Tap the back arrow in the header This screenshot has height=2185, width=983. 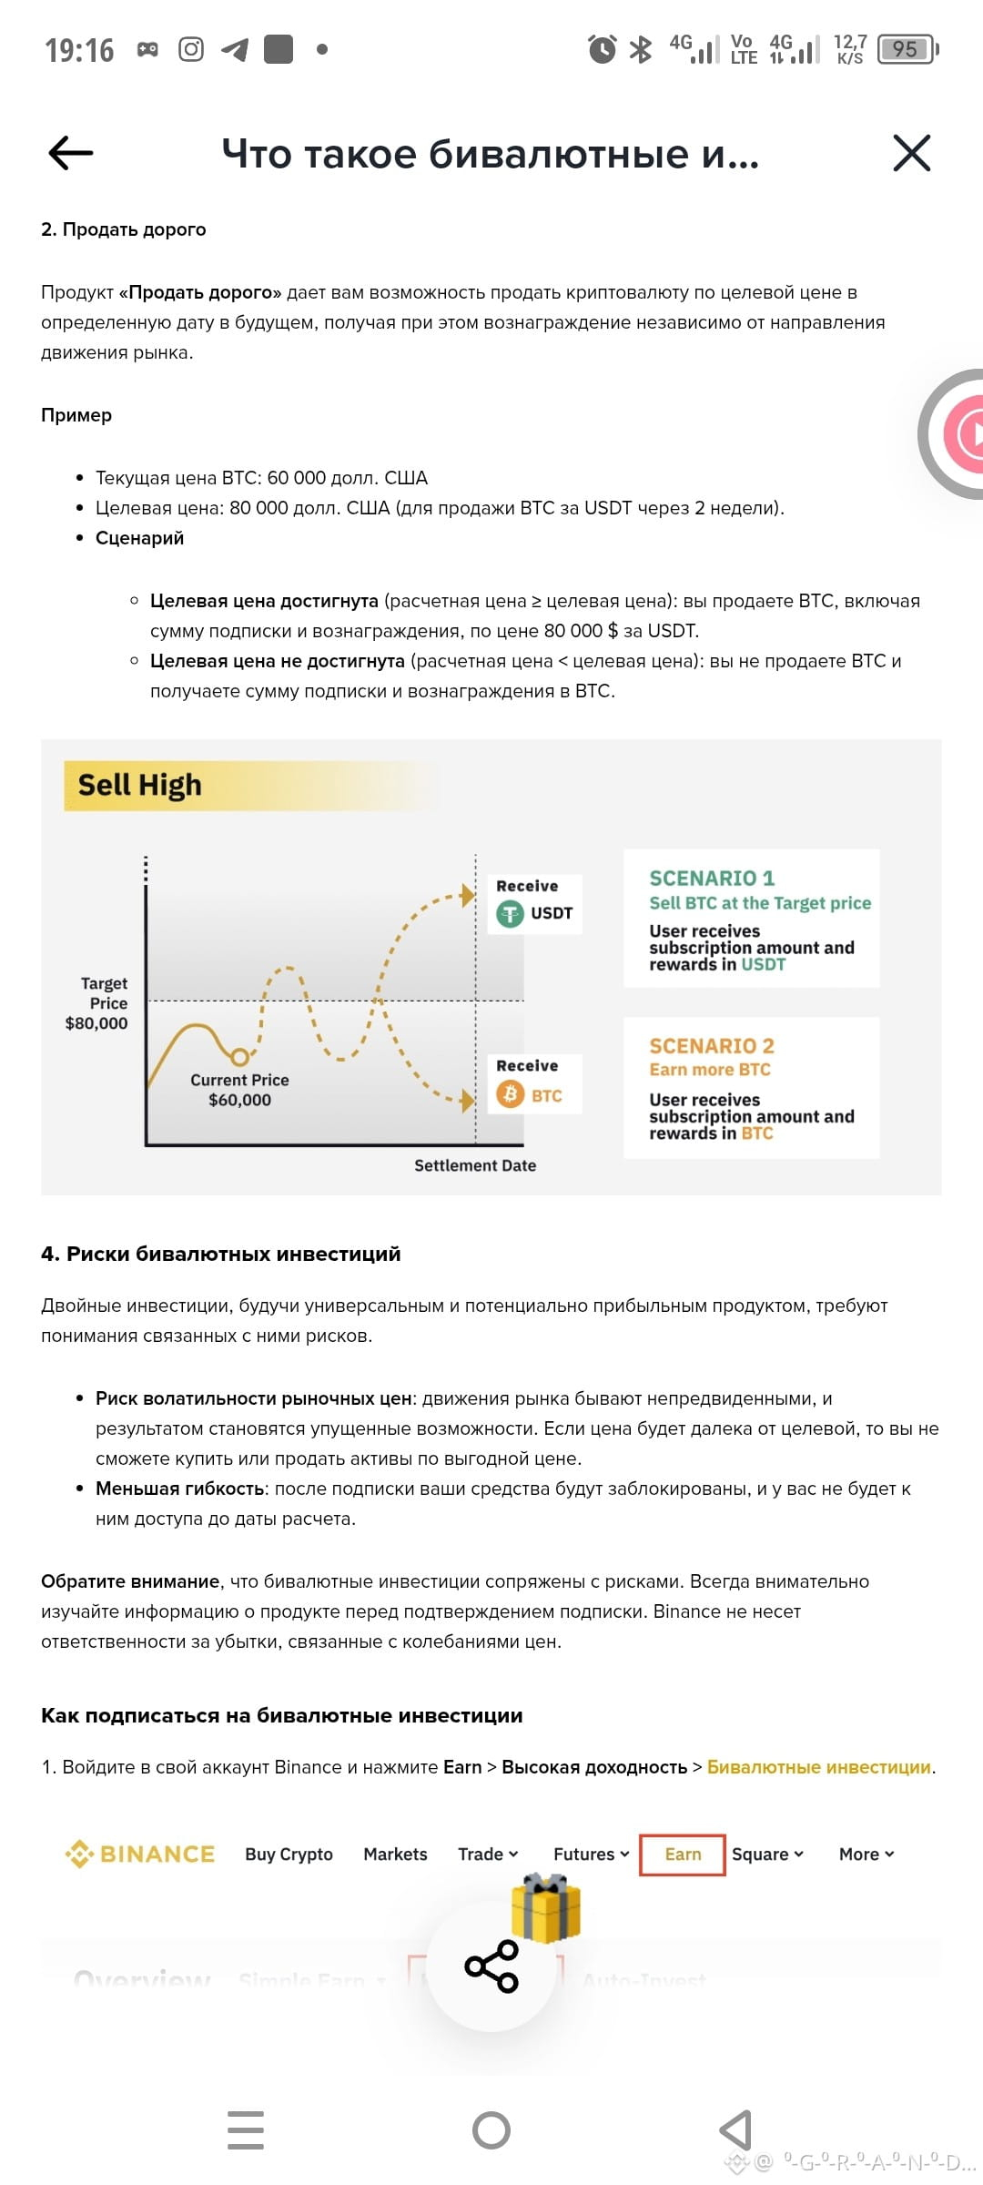(71, 153)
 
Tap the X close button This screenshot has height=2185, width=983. (911, 153)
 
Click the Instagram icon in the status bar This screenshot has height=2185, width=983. (190, 49)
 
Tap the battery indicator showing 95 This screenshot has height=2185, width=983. (907, 49)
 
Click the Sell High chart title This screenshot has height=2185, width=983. (139, 785)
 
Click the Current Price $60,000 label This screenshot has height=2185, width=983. (239, 1090)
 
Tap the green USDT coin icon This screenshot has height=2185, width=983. (510, 913)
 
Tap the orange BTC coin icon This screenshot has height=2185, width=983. (510, 1094)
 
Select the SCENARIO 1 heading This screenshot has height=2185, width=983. (712, 878)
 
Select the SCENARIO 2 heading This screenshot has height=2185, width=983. (712, 1045)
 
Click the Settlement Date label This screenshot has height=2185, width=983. (475, 1165)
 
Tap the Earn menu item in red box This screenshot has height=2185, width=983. (683, 1855)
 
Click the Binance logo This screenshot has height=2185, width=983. (140, 1855)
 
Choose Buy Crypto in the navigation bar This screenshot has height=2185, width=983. (289, 1855)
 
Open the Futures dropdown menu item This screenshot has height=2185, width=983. (591, 1855)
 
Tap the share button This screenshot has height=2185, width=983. (491, 1966)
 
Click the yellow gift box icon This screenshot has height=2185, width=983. (545, 1908)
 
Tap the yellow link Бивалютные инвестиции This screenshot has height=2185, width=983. (819, 1767)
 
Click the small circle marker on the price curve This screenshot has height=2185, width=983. (239, 1057)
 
